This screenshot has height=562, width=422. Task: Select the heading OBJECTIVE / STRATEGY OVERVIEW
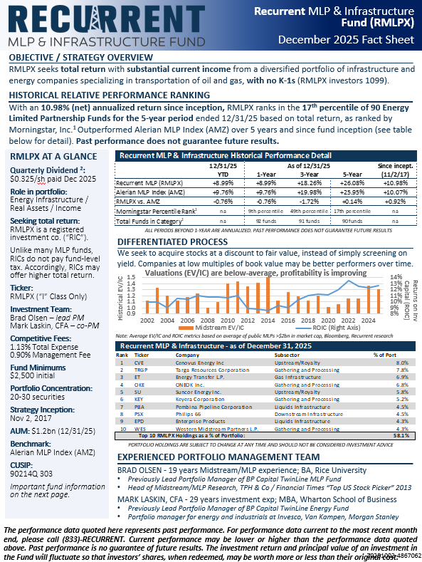[83, 56]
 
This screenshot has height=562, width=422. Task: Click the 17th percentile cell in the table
[339, 211]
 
